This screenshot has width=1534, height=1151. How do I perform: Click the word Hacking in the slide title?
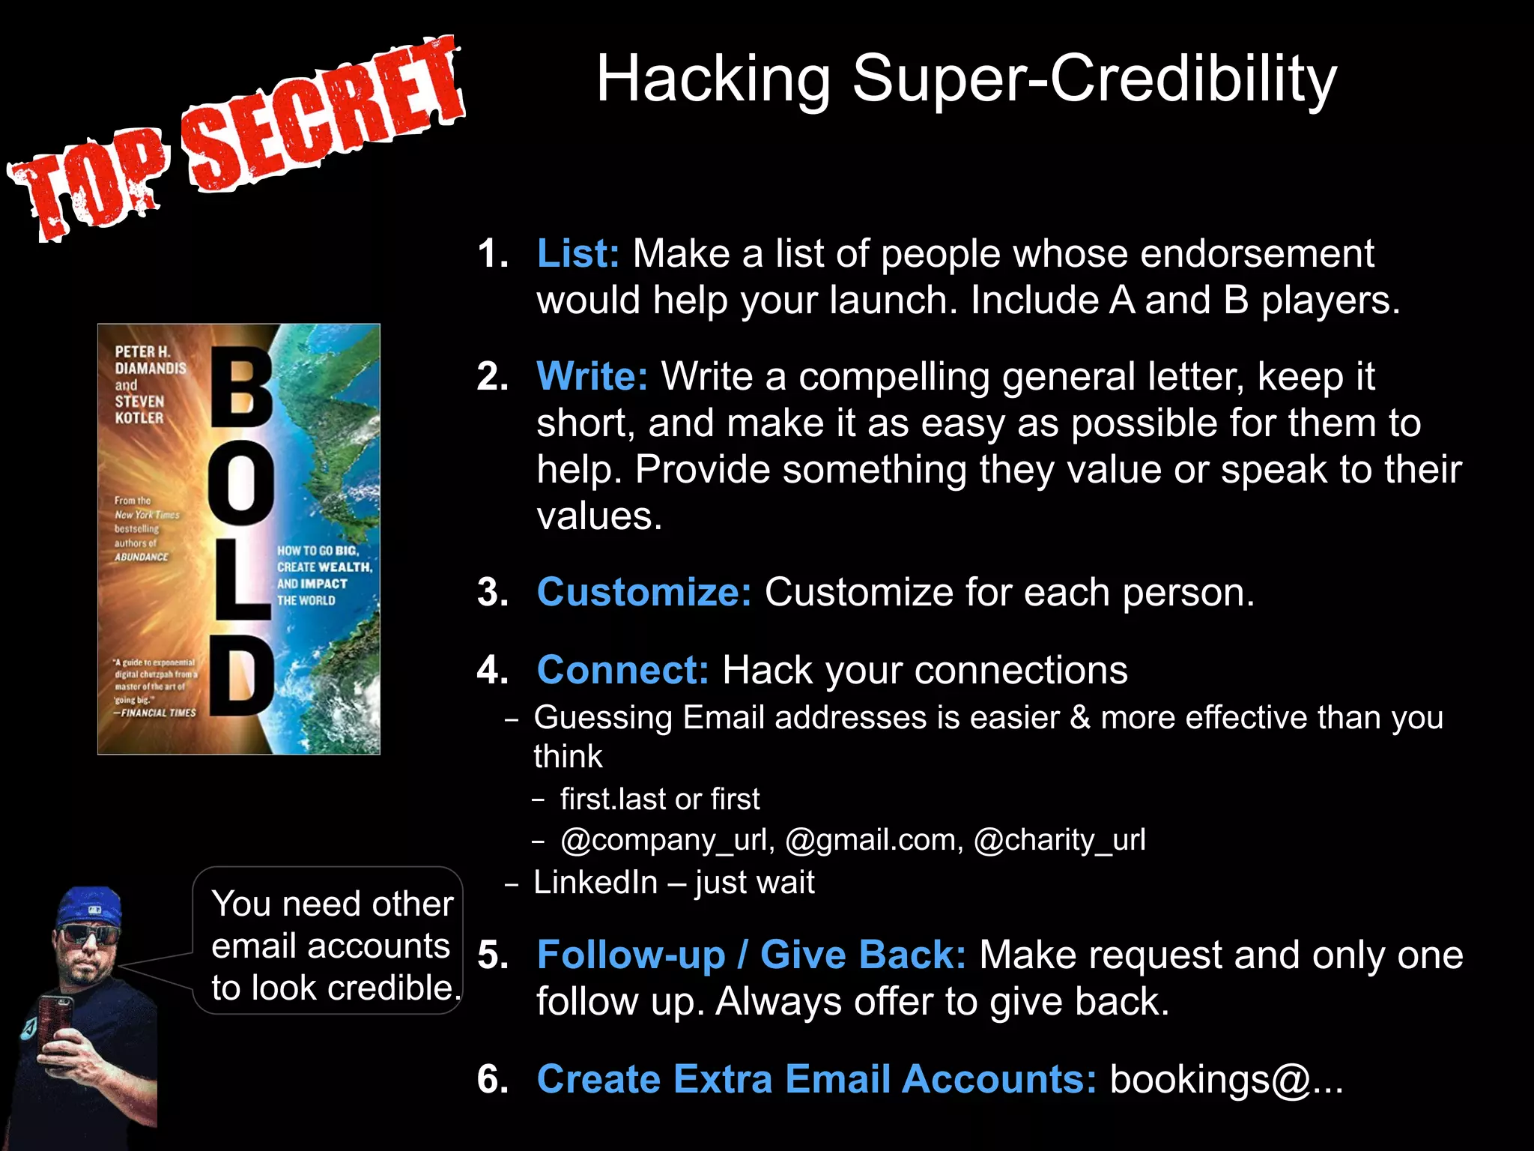tap(712, 79)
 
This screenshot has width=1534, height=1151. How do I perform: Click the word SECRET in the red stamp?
tap(322, 112)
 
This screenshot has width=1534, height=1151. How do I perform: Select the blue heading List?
tap(577, 253)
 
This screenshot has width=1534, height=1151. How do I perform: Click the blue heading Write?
tap(592, 376)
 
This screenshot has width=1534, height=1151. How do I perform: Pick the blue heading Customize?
tap(643, 592)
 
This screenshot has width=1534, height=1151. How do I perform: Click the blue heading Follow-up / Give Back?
tap(751, 955)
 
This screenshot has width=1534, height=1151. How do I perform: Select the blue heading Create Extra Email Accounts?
tap(816, 1079)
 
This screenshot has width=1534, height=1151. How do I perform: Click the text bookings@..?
tap(1210, 1079)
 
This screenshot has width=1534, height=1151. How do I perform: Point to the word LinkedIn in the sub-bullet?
tap(595, 883)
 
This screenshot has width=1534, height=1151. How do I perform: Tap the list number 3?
tap(493, 593)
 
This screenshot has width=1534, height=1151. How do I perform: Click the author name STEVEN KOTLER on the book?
tap(139, 409)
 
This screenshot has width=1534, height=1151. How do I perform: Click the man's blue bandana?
tap(90, 907)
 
